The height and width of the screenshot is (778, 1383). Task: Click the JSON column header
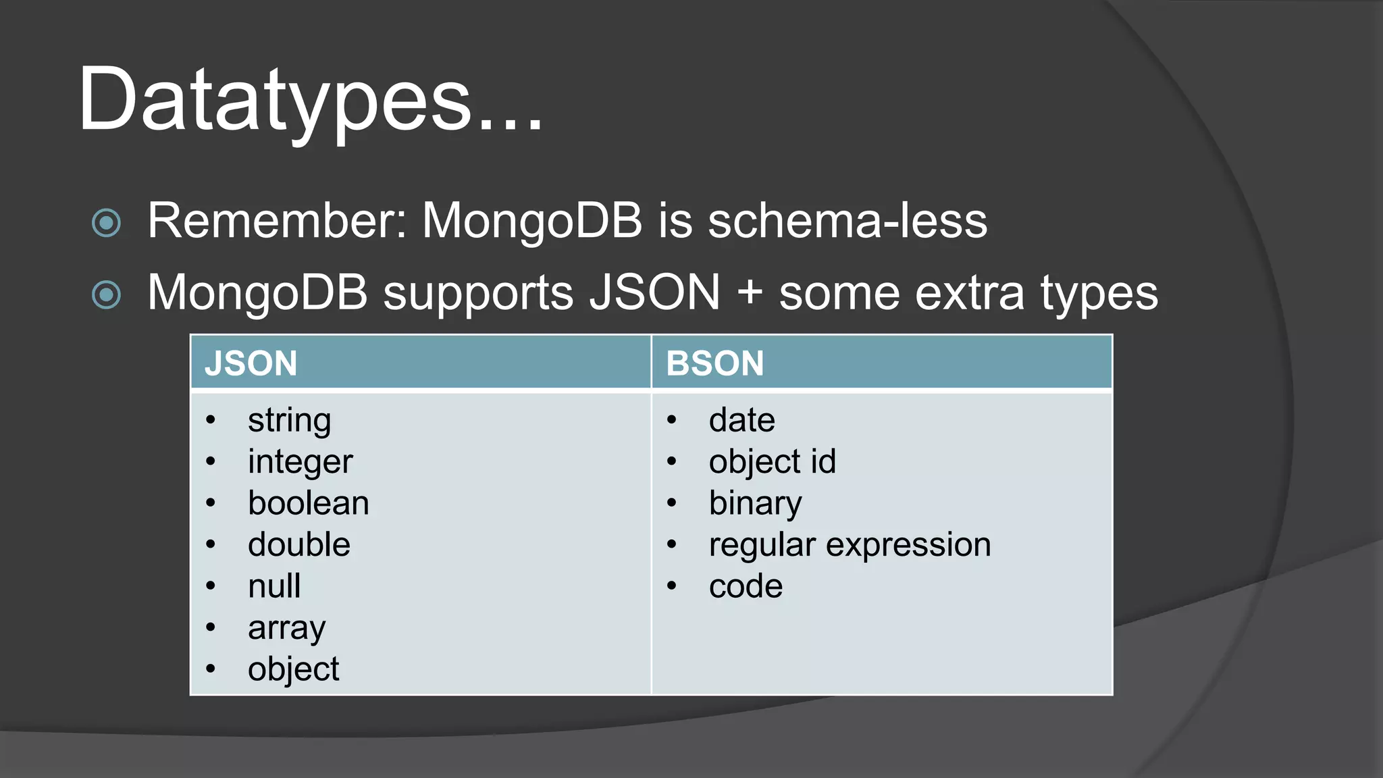[x=251, y=363]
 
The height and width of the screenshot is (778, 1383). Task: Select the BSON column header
[x=714, y=363]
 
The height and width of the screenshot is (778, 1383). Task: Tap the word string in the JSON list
[x=289, y=421]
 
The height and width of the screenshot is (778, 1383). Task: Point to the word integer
[x=300, y=462]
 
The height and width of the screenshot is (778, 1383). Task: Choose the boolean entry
[x=308, y=503]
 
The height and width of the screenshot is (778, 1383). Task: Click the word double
[x=298, y=544]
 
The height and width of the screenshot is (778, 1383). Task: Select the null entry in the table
[x=274, y=586]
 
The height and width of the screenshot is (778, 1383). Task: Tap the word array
[x=286, y=629]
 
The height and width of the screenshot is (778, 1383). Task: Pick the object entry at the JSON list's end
[x=293, y=669]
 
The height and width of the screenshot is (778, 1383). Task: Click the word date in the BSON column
[x=741, y=420]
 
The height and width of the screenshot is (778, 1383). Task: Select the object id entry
[x=772, y=462]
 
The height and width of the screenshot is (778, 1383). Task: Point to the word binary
[x=755, y=504]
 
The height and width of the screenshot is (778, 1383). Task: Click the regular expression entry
[x=850, y=545]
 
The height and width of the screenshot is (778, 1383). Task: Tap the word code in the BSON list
[x=746, y=586]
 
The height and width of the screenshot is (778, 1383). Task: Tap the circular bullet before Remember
[x=106, y=223]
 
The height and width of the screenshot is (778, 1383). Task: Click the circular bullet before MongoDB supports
[x=106, y=294]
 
